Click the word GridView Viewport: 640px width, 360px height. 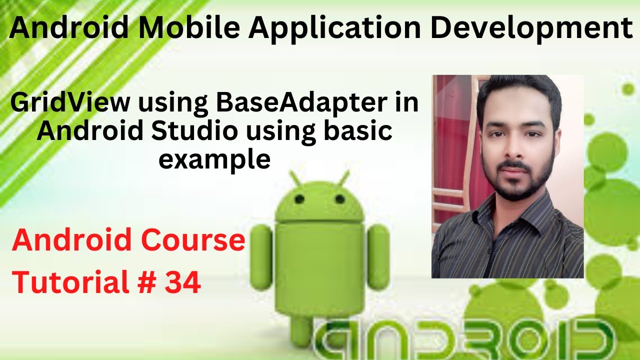tap(70, 103)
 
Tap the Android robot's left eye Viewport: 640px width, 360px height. tap(299, 199)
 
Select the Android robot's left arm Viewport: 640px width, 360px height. tap(261, 257)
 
